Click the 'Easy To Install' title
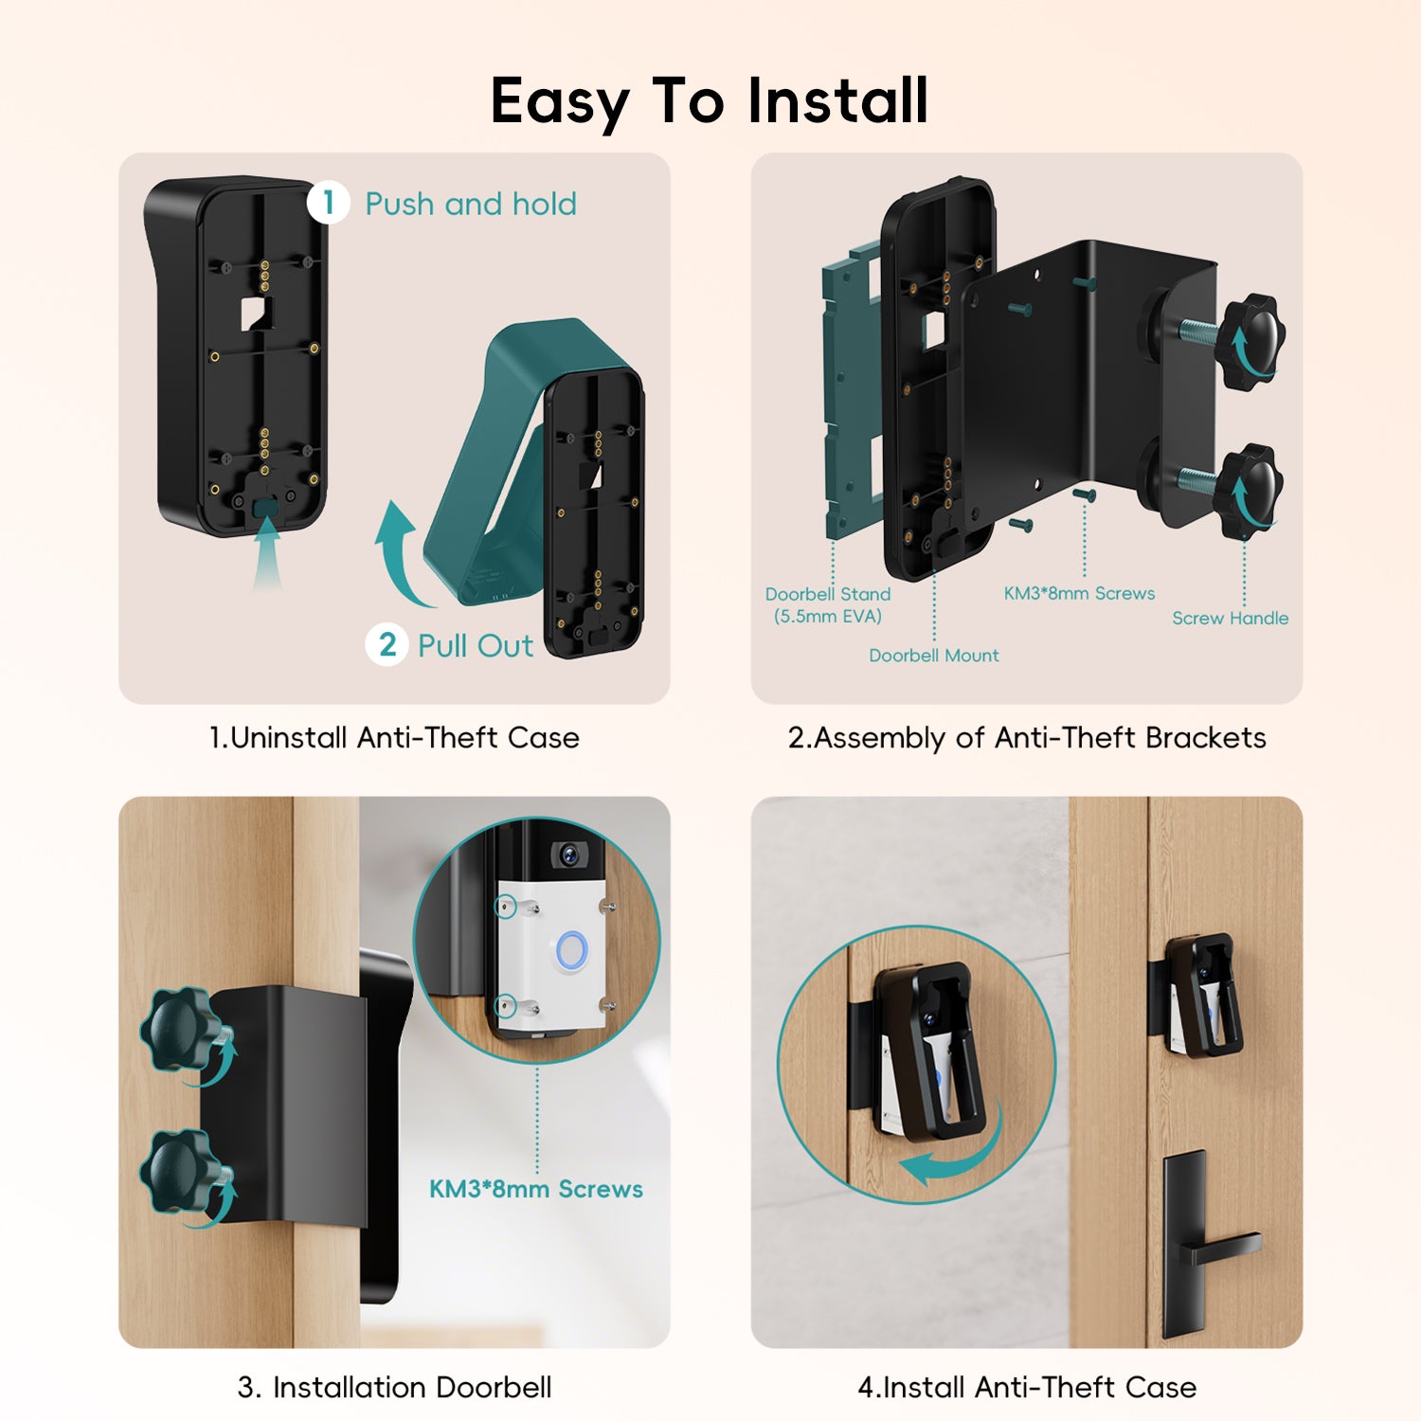(x=710, y=101)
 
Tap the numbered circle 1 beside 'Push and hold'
(x=329, y=203)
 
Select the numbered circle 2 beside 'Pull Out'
(x=387, y=644)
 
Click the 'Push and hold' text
(x=471, y=204)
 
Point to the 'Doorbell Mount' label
(x=934, y=656)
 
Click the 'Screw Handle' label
(x=1231, y=618)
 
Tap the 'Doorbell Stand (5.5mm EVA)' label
(x=828, y=605)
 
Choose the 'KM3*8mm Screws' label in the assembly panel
(x=1079, y=593)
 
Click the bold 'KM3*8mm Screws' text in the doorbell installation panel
(x=536, y=1189)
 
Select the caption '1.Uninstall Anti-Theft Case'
(x=394, y=737)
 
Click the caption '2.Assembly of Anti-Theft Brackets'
(x=1027, y=738)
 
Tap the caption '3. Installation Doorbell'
(x=394, y=1387)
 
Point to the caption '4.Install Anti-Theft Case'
(x=1027, y=1387)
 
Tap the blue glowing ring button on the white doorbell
(x=572, y=951)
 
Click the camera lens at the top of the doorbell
(x=568, y=854)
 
